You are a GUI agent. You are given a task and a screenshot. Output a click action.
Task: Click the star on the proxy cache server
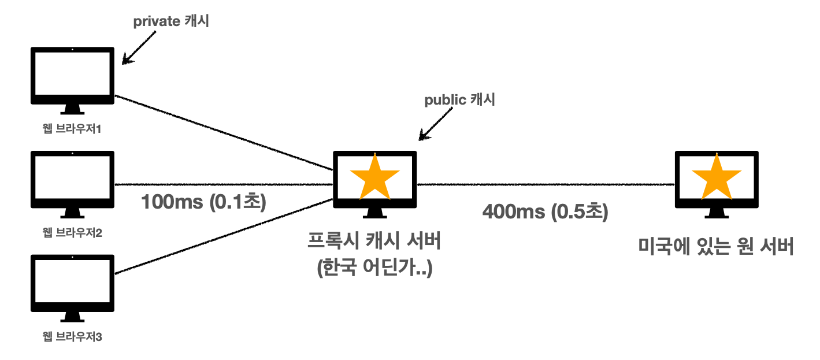click(375, 177)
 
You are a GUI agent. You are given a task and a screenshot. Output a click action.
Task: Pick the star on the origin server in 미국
click(717, 177)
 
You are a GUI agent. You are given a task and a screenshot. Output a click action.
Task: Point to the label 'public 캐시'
click(460, 100)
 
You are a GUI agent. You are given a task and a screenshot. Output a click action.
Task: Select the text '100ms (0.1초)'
click(203, 203)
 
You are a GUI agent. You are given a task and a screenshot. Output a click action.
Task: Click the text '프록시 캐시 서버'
click(375, 242)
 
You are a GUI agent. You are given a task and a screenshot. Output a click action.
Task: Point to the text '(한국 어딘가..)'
click(375, 269)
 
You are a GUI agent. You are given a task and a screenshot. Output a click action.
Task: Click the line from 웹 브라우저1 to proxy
click(225, 132)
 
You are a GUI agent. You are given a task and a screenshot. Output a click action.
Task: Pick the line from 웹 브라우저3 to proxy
click(225, 235)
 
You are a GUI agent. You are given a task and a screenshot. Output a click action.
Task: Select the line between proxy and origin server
click(546, 185)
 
